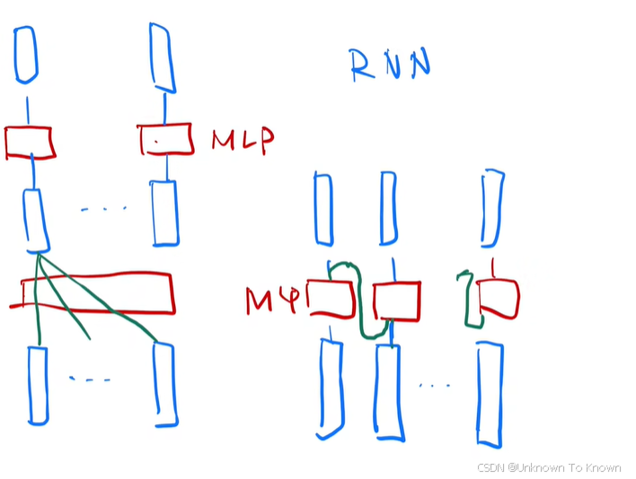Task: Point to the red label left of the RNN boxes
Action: tap(271, 300)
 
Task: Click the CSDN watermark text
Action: tap(548, 467)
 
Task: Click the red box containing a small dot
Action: tap(165, 140)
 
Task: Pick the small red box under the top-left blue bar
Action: tap(29, 143)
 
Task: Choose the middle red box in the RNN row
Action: tap(396, 300)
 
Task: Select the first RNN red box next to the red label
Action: tap(331, 299)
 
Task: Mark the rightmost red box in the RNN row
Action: tap(499, 299)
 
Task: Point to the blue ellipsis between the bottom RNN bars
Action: tap(434, 386)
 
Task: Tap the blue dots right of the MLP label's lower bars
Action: tap(104, 210)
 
